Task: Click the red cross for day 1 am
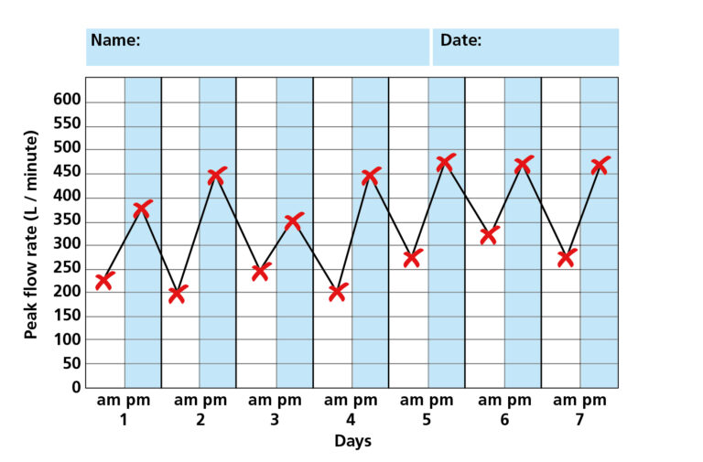(104, 281)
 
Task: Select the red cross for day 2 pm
(217, 177)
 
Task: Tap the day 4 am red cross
(338, 293)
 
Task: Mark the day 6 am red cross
(489, 235)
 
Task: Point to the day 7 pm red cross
(600, 166)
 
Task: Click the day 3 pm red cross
(294, 221)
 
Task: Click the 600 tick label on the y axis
(69, 100)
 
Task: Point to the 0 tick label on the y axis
(76, 387)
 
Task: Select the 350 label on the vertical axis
(69, 220)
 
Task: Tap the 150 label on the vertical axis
(69, 316)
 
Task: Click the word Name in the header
(115, 40)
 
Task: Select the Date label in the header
(460, 40)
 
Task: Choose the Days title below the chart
(352, 441)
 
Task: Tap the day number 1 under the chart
(123, 420)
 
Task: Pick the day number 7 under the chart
(580, 420)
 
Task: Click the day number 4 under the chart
(351, 420)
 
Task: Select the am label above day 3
(260, 401)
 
